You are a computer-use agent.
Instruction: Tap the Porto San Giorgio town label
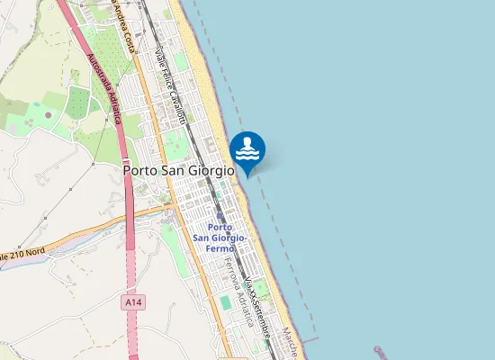pos(178,169)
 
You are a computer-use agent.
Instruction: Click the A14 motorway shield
pos(133,303)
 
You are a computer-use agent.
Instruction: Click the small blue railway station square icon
pos(222,217)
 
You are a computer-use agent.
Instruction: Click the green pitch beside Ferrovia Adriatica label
pos(224,302)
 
